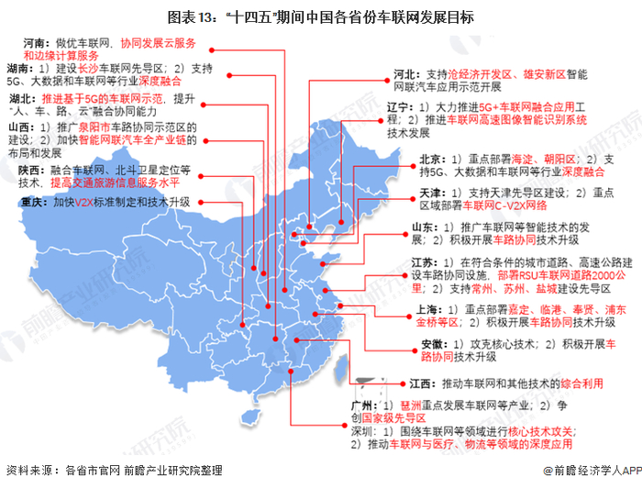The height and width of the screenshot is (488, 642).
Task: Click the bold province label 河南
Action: coord(35,43)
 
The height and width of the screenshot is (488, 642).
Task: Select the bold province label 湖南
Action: coord(19,69)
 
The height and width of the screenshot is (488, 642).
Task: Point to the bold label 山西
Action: coord(19,127)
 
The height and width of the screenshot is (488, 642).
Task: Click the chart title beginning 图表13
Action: coord(321,17)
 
